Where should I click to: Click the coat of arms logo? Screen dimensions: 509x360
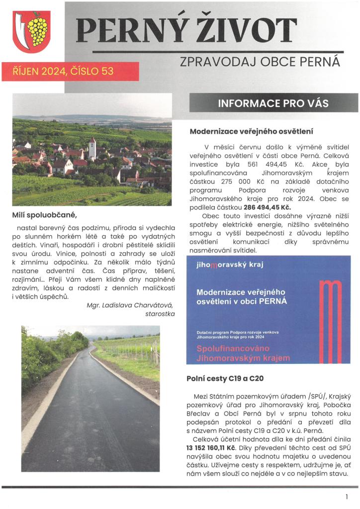pos(31,32)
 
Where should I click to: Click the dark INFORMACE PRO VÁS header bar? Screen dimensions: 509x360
pos(273,104)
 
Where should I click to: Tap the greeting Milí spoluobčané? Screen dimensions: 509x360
pos(45,215)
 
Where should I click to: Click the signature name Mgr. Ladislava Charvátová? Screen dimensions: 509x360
pos(130,305)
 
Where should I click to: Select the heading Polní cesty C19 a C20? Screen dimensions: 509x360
pos(225,379)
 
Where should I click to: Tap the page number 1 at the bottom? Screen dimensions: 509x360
pos(346,497)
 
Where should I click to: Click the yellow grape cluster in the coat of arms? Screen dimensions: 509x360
pos(37,30)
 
